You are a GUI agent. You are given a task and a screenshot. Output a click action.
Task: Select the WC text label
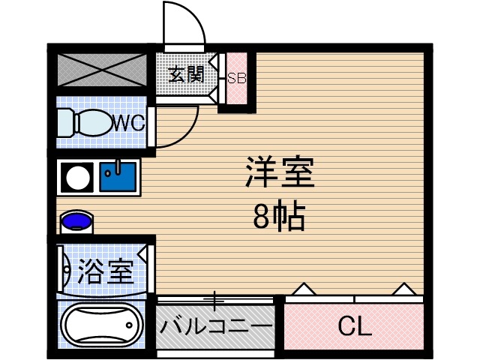(x=128, y=123)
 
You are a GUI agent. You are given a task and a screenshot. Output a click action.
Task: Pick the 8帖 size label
(x=278, y=217)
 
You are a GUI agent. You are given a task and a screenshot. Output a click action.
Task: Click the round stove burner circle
(x=76, y=178)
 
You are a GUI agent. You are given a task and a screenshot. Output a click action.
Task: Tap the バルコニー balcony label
(x=215, y=327)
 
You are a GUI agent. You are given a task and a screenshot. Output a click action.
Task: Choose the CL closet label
(x=354, y=326)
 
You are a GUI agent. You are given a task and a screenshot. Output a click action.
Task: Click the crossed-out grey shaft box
(x=101, y=69)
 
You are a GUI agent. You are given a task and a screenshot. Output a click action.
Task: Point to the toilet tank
(x=64, y=122)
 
